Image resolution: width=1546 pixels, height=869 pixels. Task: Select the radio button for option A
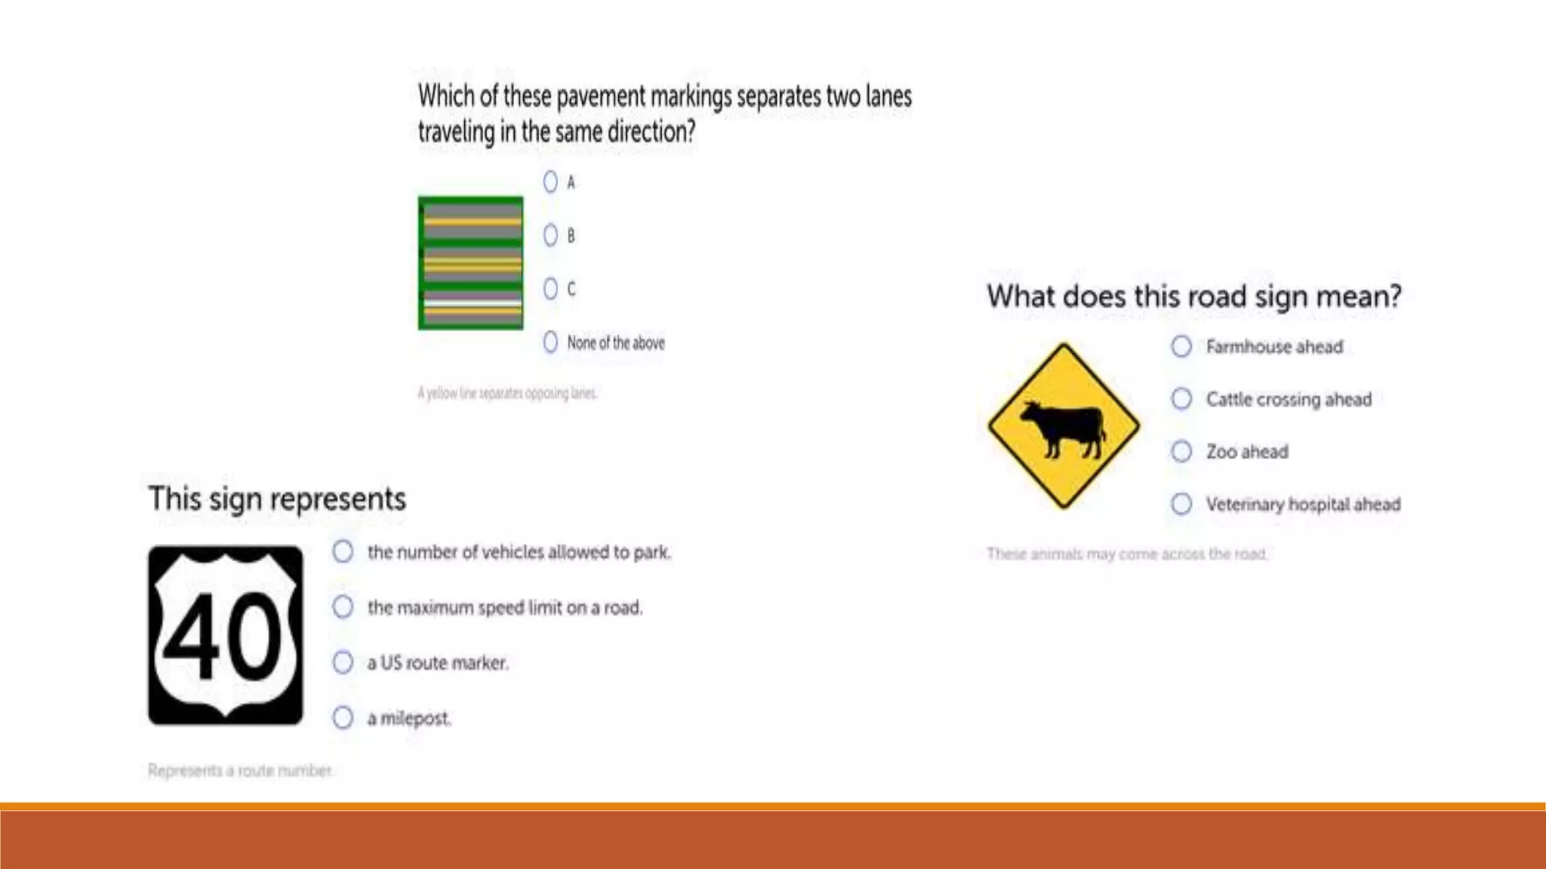[550, 182]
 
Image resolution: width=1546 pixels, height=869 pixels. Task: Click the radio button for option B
[550, 235]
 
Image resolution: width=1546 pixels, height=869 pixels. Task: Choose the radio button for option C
[550, 289]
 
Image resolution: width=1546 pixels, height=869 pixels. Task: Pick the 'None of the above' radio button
[550, 342]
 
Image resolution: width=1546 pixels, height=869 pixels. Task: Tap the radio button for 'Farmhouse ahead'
[1181, 346]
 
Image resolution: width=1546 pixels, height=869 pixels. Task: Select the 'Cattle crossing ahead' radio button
[1181, 398]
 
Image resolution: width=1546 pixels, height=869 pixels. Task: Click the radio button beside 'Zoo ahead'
[1181, 451]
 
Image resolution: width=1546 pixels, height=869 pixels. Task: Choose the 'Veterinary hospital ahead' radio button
[1181, 503]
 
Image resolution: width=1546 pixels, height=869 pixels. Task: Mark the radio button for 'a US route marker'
[343, 662]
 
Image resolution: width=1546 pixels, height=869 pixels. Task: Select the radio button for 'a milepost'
[343, 717]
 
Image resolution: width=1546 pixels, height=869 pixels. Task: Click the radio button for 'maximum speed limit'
[343, 606]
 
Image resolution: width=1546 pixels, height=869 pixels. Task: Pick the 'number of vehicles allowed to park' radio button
[343, 551]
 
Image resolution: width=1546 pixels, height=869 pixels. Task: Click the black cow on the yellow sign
[1064, 428]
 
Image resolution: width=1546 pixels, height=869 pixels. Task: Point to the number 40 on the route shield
[223, 636]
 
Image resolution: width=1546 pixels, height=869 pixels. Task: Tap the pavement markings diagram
[471, 263]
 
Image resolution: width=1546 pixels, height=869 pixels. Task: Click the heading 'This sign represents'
[277, 499]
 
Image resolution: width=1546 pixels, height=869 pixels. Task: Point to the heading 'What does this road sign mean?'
[1193, 296]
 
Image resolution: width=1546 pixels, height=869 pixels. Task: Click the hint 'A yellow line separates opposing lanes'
[507, 393]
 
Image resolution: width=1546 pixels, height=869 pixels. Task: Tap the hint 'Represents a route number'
[240, 770]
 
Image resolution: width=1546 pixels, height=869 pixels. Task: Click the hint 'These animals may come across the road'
[1126, 554]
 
